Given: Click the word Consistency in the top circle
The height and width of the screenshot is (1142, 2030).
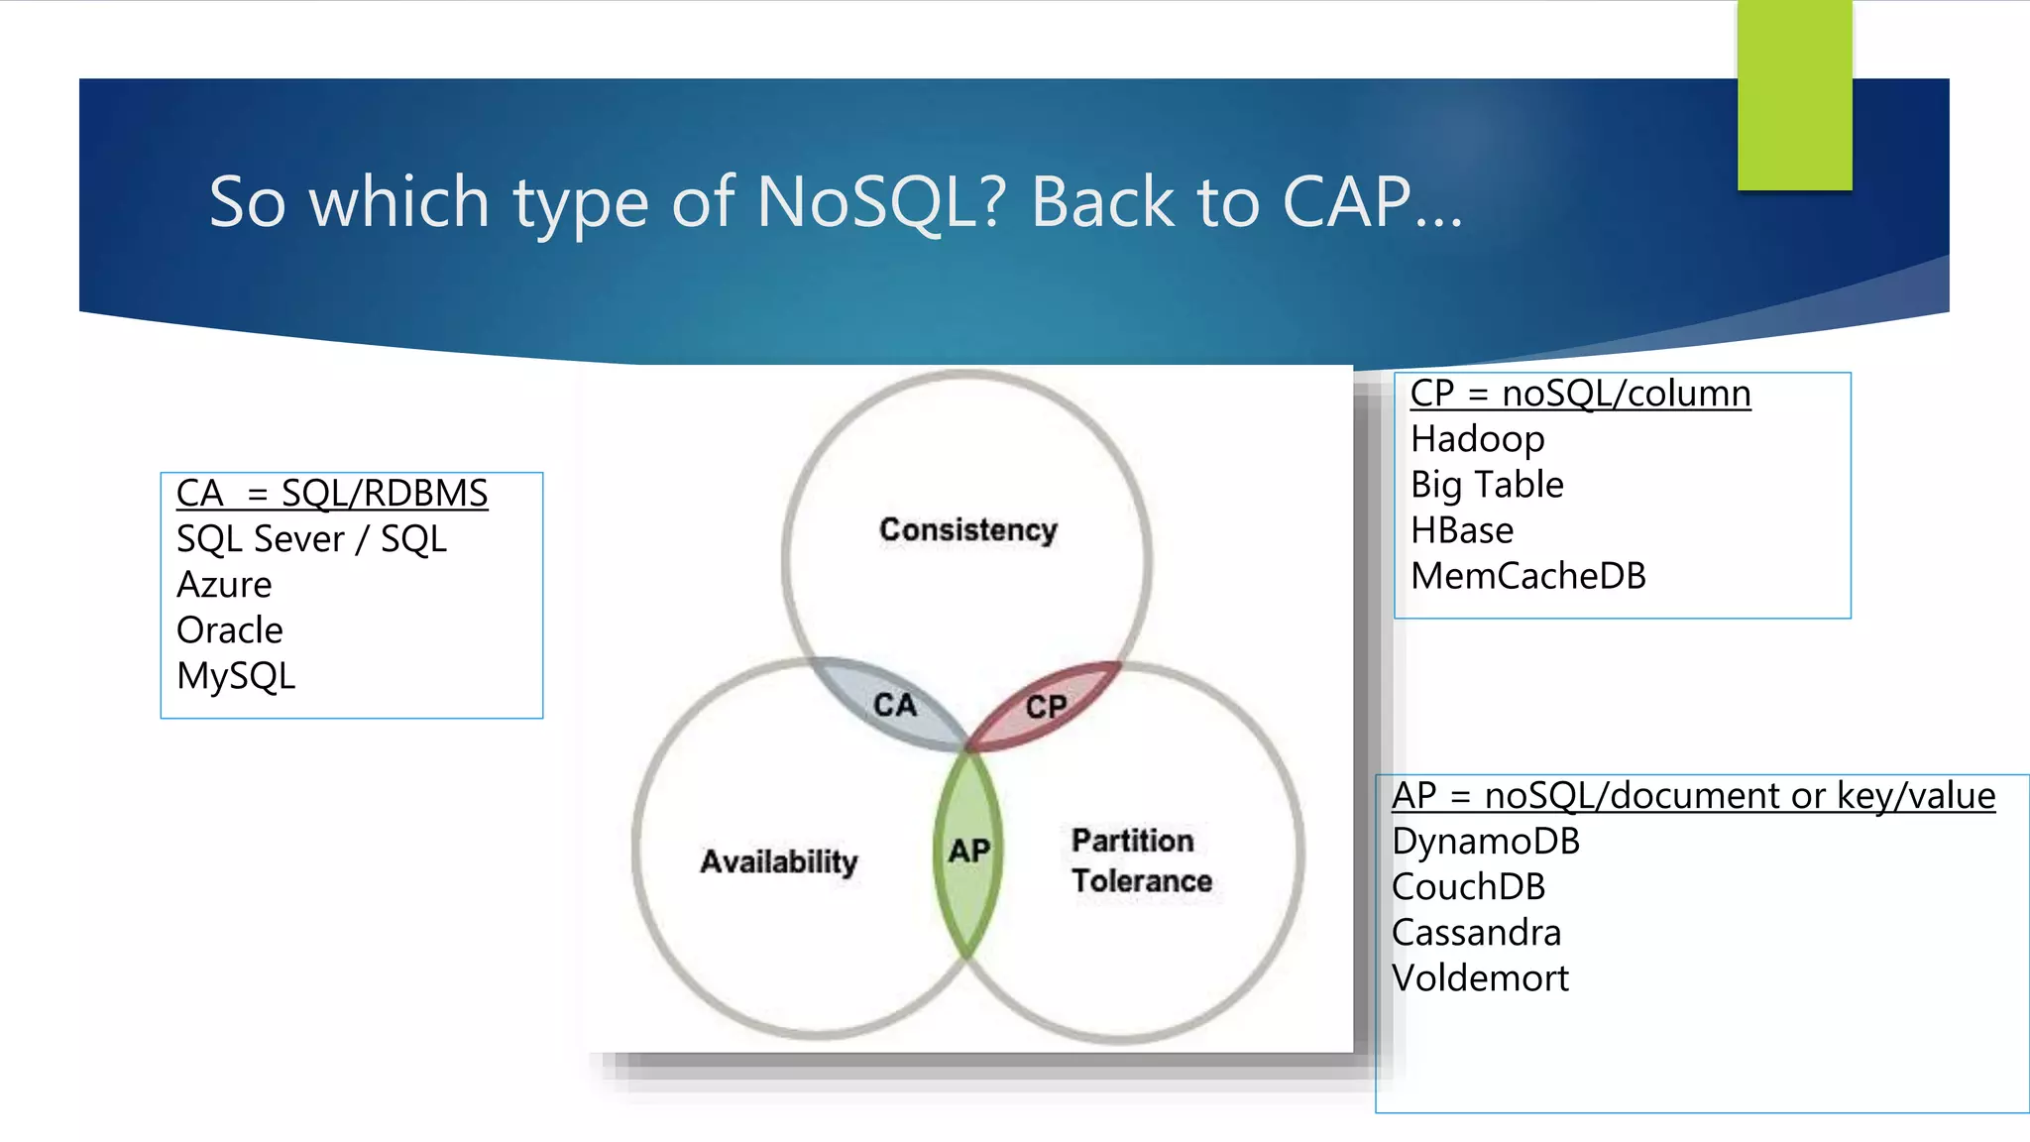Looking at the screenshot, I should [x=967, y=529].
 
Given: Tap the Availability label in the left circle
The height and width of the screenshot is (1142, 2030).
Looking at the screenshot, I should [x=778, y=860].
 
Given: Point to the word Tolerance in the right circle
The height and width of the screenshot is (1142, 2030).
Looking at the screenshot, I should [x=1141, y=880].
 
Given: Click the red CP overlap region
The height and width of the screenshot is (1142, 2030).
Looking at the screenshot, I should [x=1046, y=706].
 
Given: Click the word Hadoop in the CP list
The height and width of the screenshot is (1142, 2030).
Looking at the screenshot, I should [x=1477, y=438].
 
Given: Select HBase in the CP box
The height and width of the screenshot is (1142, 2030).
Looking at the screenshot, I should [x=1462, y=530].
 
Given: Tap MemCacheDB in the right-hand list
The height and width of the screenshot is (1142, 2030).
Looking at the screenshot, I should [x=1527, y=576].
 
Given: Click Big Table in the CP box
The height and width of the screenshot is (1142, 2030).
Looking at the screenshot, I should [x=1487, y=485].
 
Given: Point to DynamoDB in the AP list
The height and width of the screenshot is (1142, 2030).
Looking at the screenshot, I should [x=1485, y=841].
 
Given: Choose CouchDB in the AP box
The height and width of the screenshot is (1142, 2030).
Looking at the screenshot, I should [x=1468, y=886].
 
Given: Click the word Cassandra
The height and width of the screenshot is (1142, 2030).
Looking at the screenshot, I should [x=1476, y=932].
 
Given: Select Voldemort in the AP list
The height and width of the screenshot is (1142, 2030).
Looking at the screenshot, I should [x=1480, y=978].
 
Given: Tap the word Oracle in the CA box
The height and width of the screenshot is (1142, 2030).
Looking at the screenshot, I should [x=230, y=630].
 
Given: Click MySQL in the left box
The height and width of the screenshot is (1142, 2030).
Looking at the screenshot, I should [x=236, y=676].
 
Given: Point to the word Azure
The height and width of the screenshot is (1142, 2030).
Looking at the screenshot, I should [x=224, y=585].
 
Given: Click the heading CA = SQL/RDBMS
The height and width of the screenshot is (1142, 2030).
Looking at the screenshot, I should [x=332, y=493].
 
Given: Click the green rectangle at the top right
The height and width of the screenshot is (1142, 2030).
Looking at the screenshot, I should [x=1794, y=94].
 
